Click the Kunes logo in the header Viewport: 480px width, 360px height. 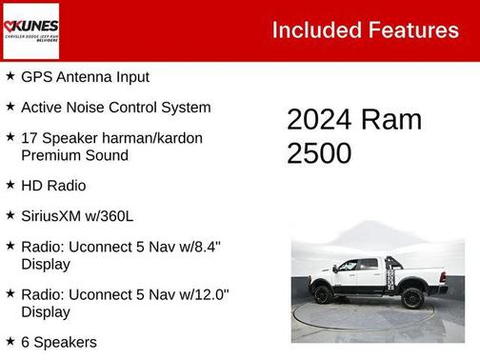pos(30,30)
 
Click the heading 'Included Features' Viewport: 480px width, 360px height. pos(365,30)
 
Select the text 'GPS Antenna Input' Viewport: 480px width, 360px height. pos(85,76)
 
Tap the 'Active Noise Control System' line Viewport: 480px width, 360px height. pos(115,108)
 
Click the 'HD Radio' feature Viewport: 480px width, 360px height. pos(52,185)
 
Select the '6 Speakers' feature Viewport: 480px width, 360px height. pos(58,341)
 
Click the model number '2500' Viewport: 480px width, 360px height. pos(319,153)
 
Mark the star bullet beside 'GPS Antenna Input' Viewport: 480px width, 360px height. pos(10,75)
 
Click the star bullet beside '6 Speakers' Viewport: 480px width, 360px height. pos(10,340)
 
